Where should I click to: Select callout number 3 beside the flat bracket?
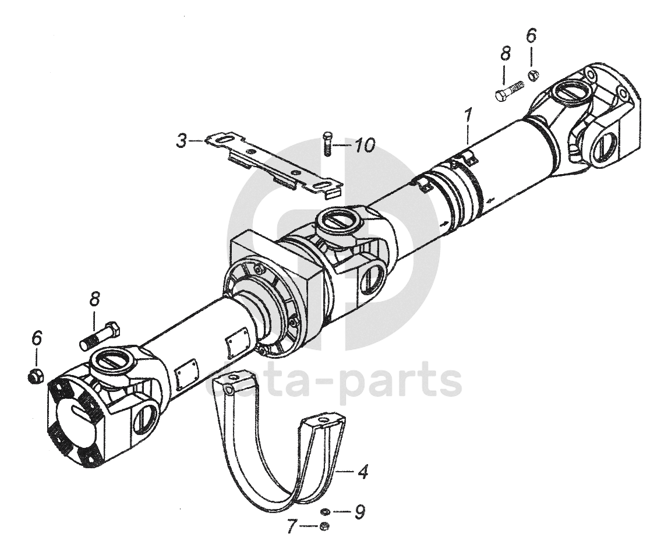point(182,141)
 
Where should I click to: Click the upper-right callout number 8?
point(505,54)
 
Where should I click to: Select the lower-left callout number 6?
point(37,338)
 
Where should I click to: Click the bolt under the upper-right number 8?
point(509,92)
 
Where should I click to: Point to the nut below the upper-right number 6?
point(533,74)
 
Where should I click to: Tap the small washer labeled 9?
point(325,512)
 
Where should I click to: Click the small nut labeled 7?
point(325,527)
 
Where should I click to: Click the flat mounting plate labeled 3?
point(274,163)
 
